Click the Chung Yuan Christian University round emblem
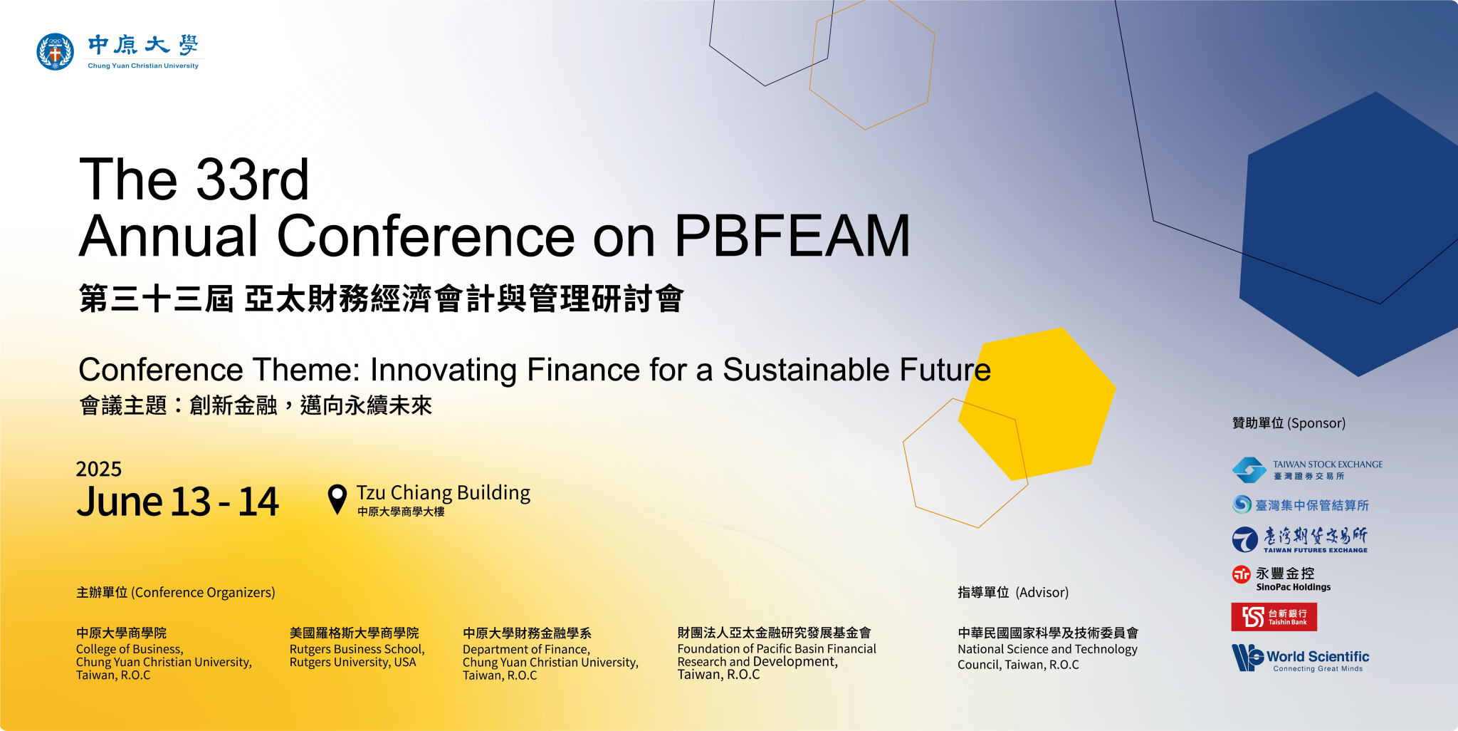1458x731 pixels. (x=55, y=51)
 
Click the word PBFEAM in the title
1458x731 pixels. (x=792, y=236)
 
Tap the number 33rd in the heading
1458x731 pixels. (x=252, y=179)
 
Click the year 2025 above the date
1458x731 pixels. (x=99, y=469)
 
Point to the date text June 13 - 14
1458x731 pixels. (x=178, y=502)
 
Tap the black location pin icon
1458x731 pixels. (x=337, y=499)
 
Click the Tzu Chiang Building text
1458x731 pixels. (x=444, y=493)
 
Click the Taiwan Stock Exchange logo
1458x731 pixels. (x=1307, y=470)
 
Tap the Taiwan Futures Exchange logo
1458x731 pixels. (x=1300, y=540)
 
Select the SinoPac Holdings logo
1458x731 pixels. (x=1281, y=579)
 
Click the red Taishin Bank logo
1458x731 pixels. (x=1274, y=617)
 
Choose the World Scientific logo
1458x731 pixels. (x=1301, y=658)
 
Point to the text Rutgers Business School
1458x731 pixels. (x=357, y=649)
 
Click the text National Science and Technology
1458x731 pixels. (x=1047, y=649)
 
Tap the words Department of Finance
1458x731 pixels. (x=526, y=649)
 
